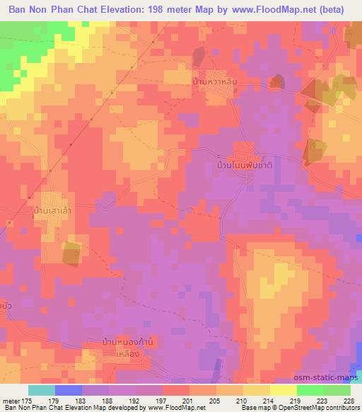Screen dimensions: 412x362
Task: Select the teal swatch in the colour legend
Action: click(x=42, y=390)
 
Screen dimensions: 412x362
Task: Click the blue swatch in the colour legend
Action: click(x=69, y=390)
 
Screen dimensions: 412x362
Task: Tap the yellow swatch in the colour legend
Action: click(x=282, y=390)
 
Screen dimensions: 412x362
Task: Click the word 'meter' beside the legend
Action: click(x=11, y=400)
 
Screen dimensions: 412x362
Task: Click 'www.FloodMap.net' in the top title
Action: click(x=277, y=10)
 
